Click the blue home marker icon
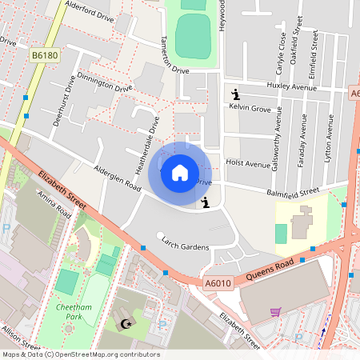pos(180,172)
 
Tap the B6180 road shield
pos(44,55)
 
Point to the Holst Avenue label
pos(249,163)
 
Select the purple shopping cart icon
pos(275,312)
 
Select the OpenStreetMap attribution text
pos(81,354)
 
